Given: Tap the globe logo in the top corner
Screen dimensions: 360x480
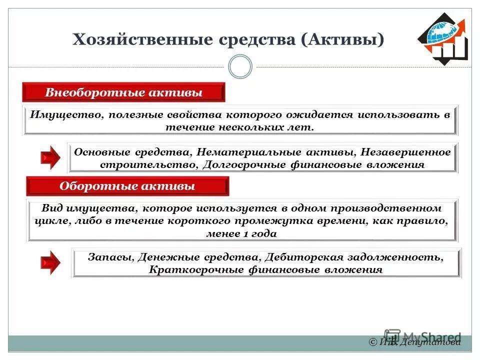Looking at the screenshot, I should click(x=442, y=37).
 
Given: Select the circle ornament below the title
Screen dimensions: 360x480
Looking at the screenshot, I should click(x=240, y=66).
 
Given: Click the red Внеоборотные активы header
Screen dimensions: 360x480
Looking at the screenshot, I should click(x=123, y=93).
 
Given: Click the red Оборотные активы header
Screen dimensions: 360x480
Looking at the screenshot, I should click(x=127, y=186).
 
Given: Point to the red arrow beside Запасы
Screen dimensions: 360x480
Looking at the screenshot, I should click(x=50, y=262).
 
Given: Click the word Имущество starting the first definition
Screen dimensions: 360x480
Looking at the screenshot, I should click(x=63, y=114).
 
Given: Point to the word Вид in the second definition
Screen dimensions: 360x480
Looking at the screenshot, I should click(x=51, y=208).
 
